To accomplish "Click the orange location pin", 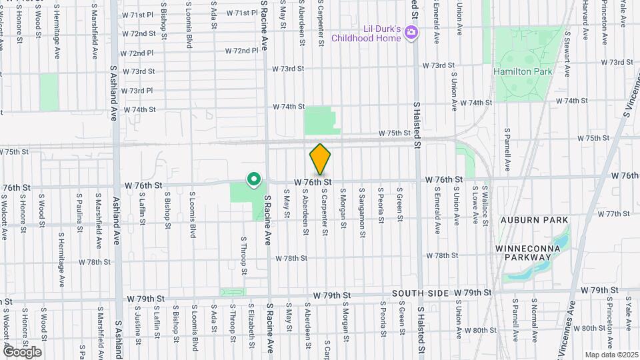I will pos(320,159).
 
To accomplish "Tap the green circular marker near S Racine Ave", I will pos(253,179).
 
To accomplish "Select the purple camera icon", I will pos(411,31).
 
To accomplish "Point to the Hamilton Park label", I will pos(523,71).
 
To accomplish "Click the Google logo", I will pos(22,351).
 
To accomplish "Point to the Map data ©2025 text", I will pos(611,355).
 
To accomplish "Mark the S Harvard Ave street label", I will pos(585,20).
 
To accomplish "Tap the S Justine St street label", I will pos(138,325).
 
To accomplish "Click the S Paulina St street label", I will pos(79,211).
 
